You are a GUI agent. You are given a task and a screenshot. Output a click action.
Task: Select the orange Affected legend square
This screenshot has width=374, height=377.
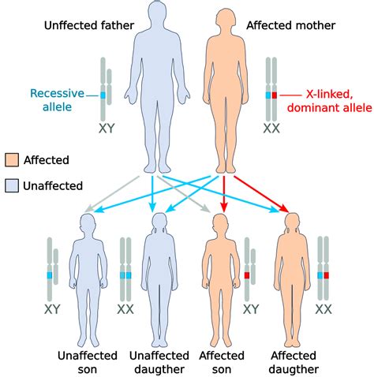[12, 159]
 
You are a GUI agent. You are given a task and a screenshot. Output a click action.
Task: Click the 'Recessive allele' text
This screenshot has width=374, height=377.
[62, 100]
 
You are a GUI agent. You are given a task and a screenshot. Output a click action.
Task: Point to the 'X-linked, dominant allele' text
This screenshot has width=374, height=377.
[326, 100]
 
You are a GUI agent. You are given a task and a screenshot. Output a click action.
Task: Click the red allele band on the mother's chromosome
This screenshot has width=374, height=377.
[275, 95]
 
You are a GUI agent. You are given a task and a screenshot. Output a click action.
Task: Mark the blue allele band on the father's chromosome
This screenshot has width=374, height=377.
[103, 95]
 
